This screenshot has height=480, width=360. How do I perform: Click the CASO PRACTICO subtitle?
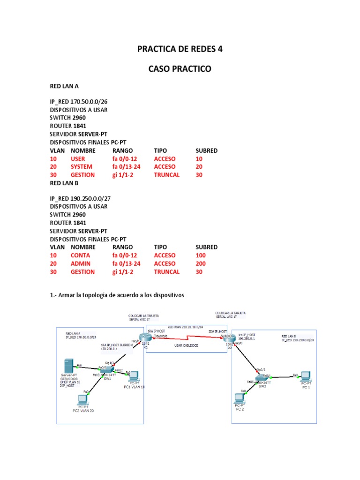click(180, 69)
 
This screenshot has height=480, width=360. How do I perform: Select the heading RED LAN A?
click(67, 86)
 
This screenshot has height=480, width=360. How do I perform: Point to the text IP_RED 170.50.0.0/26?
click(80, 102)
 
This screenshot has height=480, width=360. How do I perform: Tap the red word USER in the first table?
click(79, 158)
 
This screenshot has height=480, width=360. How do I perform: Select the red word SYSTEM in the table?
click(82, 166)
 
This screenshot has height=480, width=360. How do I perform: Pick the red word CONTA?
click(81, 255)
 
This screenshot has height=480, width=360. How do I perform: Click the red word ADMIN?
click(81, 263)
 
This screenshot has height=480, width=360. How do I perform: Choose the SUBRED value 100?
click(200, 255)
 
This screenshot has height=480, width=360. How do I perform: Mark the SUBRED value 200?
click(200, 263)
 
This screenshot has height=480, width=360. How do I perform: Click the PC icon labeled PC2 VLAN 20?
click(83, 399)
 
